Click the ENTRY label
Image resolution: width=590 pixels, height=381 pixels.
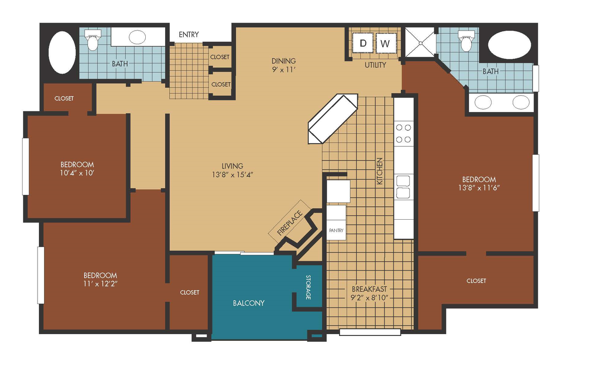coord(189,34)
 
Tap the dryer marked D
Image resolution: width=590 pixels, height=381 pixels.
coord(363,43)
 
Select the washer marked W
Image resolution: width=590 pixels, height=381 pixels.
coord(386,43)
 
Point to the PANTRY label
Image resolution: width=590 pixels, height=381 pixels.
coord(336,230)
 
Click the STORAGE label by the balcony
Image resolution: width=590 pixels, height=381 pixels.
coord(308,287)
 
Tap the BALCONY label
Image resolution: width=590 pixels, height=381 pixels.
coord(249,303)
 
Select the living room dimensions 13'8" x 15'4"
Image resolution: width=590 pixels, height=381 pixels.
coord(232,175)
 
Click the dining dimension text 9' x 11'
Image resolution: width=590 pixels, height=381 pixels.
coord(284,70)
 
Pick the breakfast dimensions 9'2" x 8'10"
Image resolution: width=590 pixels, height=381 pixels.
coord(369,297)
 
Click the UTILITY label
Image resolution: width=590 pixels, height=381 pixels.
coord(375,65)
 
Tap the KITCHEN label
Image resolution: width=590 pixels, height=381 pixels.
coord(379,171)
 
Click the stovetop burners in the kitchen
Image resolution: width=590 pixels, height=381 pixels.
coord(404,133)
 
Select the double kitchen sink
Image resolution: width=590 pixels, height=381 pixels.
coord(403,187)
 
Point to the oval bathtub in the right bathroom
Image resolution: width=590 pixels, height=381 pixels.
coord(509,45)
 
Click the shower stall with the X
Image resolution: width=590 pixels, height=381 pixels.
coord(420,42)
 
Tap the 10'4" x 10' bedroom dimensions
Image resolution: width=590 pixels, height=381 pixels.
coord(77,173)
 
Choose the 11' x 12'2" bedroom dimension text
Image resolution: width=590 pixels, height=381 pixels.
coord(100,284)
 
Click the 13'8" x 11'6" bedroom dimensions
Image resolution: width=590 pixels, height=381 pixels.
coord(479,188)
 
